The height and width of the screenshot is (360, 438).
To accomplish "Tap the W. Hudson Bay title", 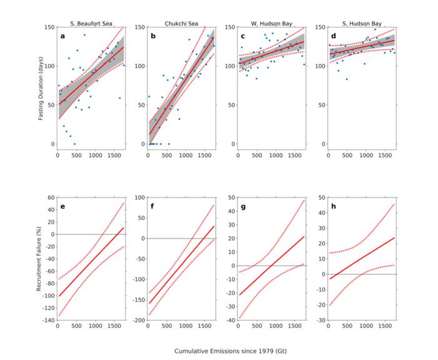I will tap(271, 23).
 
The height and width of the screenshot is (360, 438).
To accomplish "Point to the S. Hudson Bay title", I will tap(361, 23).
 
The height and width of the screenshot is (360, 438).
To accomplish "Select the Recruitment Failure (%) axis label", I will tap(39, 258).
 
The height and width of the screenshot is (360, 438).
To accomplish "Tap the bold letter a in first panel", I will tap(63, 36).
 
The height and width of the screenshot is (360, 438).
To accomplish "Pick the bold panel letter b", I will tap(153, 36).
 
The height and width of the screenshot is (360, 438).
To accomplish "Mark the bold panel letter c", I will tap(243, 36).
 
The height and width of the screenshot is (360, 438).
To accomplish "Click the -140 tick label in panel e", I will tap(47, 320).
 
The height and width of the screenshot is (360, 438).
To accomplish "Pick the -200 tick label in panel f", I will tap(137, 320).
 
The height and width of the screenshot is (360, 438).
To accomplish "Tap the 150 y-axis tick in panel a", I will tap(48, 28).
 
